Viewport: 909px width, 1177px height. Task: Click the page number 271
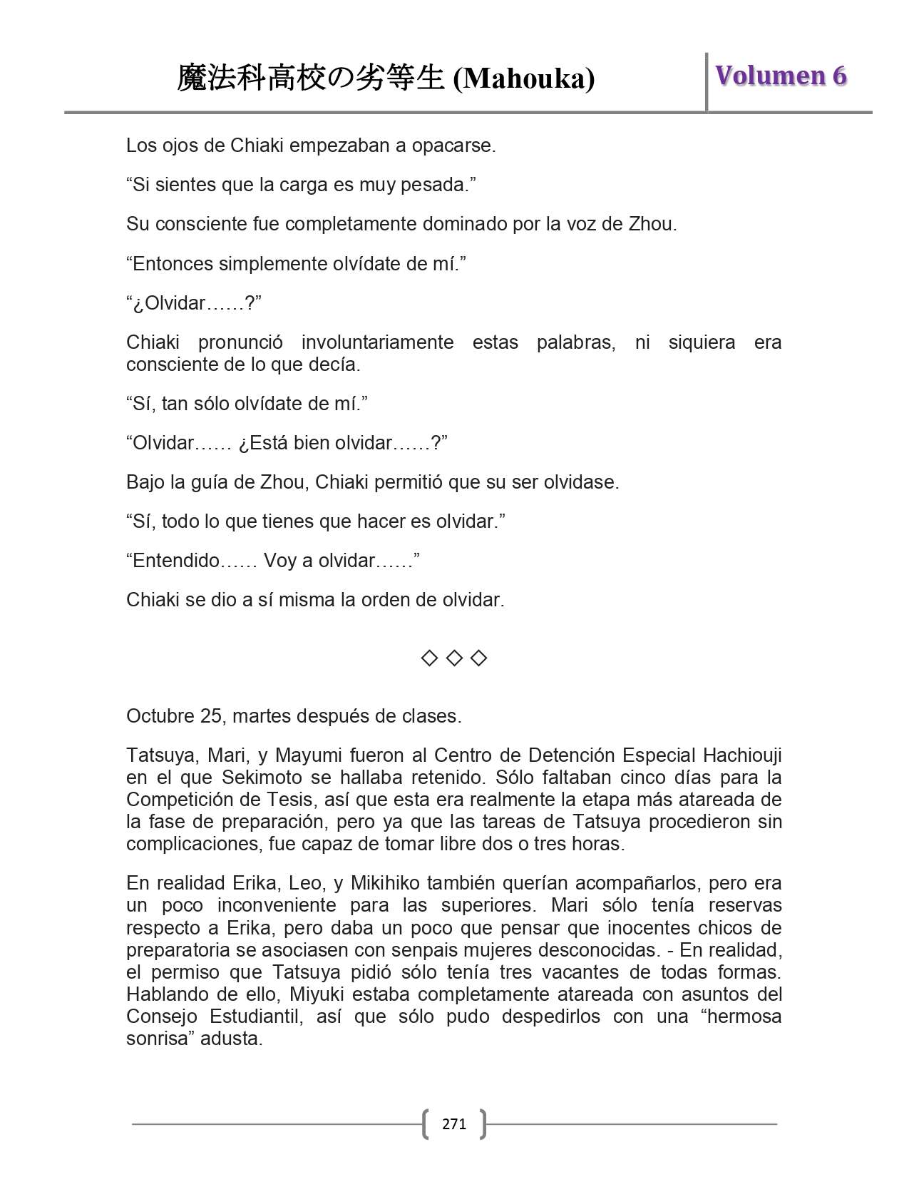tap(454, 1124)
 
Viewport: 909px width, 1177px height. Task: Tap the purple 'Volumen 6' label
tap(781, 76)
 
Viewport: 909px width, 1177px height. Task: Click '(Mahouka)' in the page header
tap(524, 78)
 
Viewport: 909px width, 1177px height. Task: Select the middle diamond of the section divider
tap(454, 658)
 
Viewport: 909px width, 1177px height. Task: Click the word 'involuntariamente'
tap(377, 342)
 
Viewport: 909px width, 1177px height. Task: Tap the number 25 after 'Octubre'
tap(211, 716)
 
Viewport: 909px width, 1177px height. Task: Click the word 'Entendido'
tap(176, 561)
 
